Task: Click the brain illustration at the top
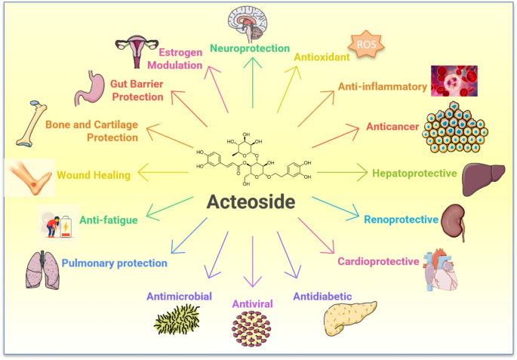tap(248, 24)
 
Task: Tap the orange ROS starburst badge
tap(366, 45)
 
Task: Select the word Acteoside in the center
tap(251, 202)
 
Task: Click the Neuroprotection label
tap(250, 48)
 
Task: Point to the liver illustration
tap(483, 179)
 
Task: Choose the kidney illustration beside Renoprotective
tap(454, 222)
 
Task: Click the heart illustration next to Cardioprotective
tap(441, 269)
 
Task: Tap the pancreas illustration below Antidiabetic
tap(350, 318)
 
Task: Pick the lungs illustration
tap(42, 270)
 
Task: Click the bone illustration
tap(32, 124)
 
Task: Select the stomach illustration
tap(90, 88)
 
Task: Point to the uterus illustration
tap(137, 51)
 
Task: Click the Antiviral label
tap(253, 303)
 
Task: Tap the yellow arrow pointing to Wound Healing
tap(163, 172)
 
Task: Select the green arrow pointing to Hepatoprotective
tap(342, 172)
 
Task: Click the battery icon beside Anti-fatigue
tap(66, 226)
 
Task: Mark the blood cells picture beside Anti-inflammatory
tap(454, 81)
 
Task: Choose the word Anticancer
tap(392, 127)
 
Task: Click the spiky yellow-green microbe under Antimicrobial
tap(177, 319)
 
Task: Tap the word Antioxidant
tap(322, 57)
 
